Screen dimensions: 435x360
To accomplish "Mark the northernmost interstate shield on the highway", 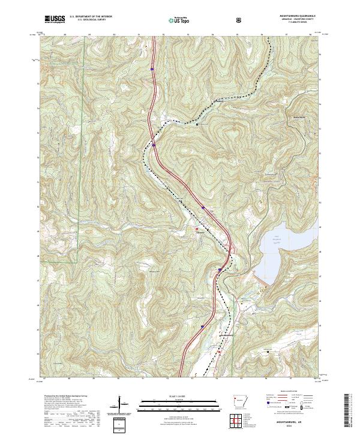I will [152, 70].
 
